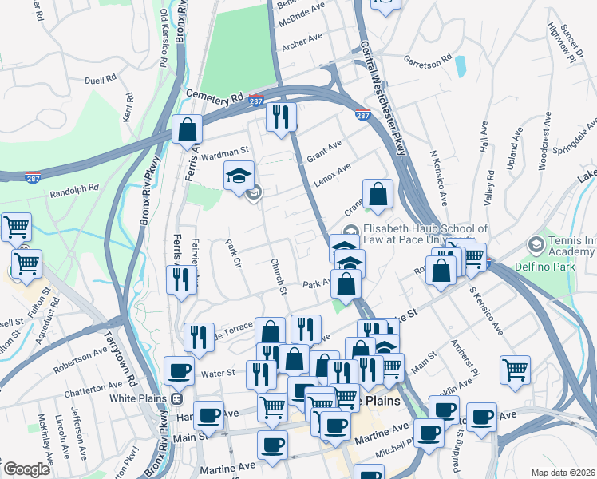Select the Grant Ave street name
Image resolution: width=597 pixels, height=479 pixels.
point(324,148)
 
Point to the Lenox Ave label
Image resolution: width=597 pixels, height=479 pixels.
point(332,175)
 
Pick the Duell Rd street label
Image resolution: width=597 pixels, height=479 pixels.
point(101,81)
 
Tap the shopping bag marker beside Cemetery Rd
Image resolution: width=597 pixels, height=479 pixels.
point(187,128)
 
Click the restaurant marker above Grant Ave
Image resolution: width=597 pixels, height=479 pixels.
point(281,117)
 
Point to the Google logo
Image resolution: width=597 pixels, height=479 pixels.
point(26,469)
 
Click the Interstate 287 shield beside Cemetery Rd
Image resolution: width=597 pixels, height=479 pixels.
point(256,101)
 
